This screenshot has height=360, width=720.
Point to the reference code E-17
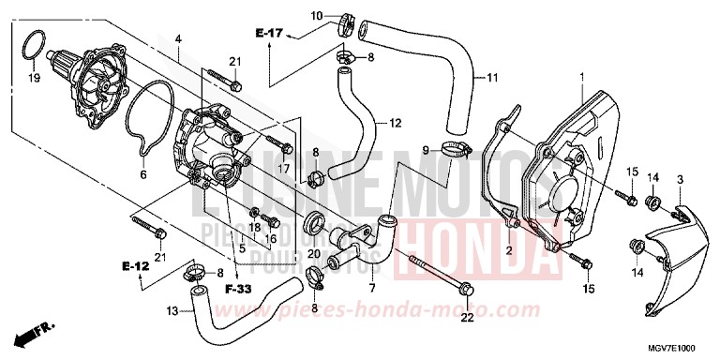[268, 34]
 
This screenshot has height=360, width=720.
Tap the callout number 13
[172, 310]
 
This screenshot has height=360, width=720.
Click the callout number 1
[582, 76]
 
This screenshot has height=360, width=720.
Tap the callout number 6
[143, 174]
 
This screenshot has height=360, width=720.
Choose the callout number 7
[371, 287]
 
